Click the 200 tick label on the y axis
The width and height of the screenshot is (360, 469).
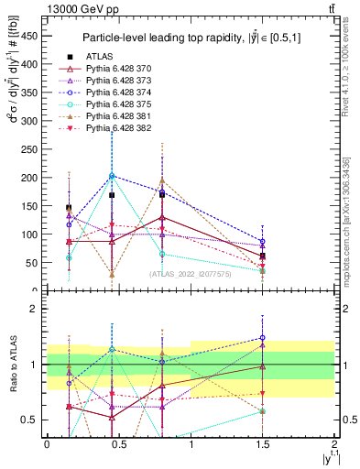31,177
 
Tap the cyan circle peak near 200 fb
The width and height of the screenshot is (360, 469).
112,176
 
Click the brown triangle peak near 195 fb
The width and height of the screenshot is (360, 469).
162,181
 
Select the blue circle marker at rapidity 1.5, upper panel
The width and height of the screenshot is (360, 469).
263,242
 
